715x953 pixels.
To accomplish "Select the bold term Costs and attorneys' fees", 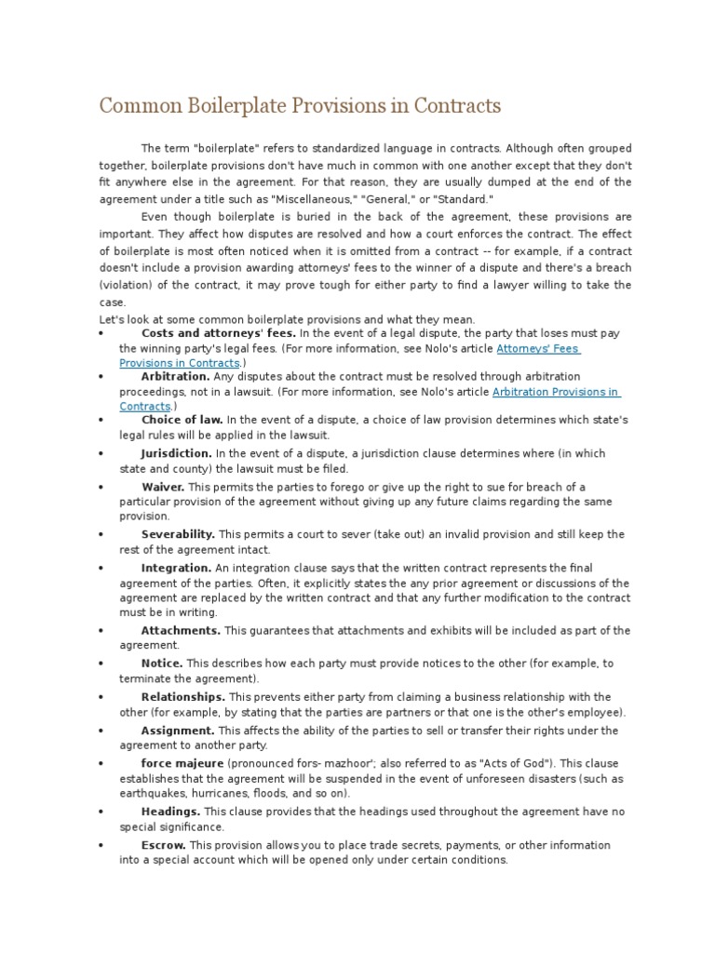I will pos(218,333).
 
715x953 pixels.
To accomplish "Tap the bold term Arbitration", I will pos(175,377).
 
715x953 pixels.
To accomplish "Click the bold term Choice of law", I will pos(182,420).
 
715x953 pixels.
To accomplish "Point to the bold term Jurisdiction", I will pos(177,453).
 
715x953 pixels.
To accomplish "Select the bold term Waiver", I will pos(163,487).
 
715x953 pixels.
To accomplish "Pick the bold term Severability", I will pos(178,534).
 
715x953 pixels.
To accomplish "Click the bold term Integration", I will pos(176,568).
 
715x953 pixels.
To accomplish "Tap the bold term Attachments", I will pos(181,630).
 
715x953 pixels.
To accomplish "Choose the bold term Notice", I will pos(162,664).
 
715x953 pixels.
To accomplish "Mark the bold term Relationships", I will pos(182,696).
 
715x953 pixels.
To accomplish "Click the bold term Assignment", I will pos(178,731).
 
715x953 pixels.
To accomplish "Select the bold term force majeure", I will pos(182,763).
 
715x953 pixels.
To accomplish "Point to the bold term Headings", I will pos(170,812).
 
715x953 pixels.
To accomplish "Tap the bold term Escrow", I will pos(164,845).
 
